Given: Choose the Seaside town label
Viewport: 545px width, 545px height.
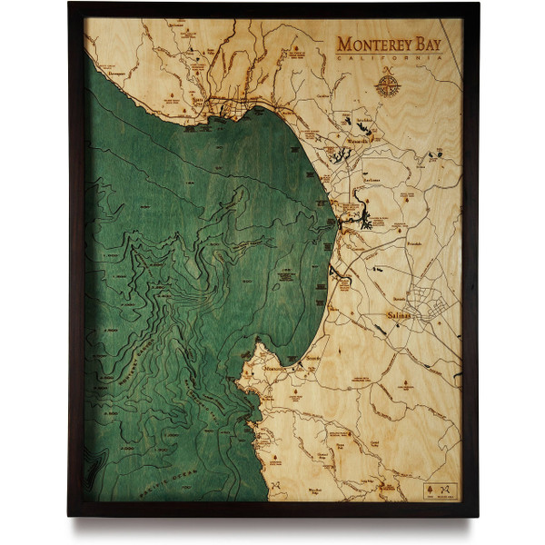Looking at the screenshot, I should coord(314,361).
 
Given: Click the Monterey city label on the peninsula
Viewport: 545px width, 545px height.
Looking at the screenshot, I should coord(273,370).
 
